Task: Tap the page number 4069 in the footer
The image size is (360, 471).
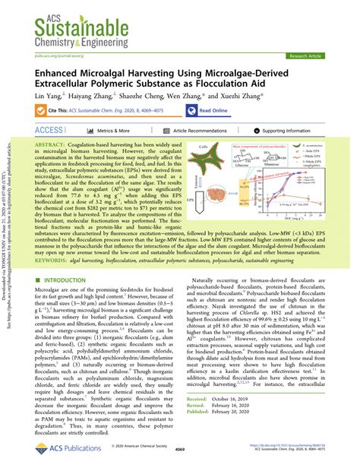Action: pyautogui.click(x=180, y=459)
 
